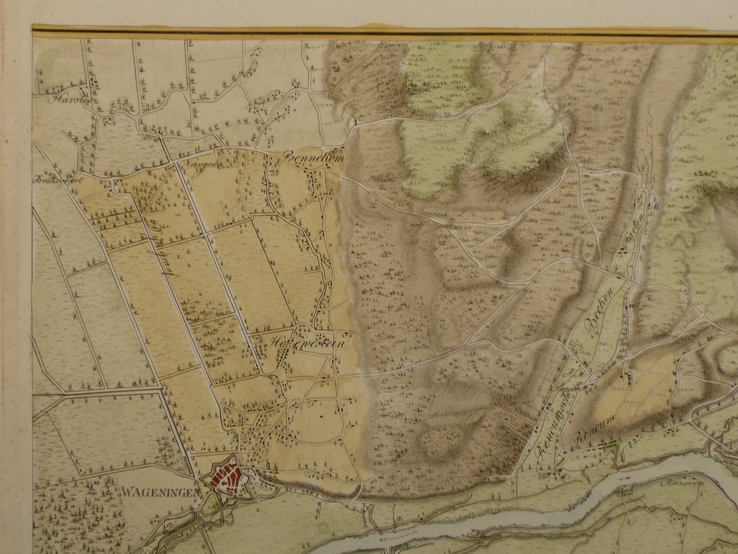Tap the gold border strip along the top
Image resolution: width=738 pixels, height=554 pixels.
(363, 31)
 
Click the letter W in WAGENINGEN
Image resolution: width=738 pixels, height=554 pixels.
(126, 491)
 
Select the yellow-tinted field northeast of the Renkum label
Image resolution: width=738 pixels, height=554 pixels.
(639, 385)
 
